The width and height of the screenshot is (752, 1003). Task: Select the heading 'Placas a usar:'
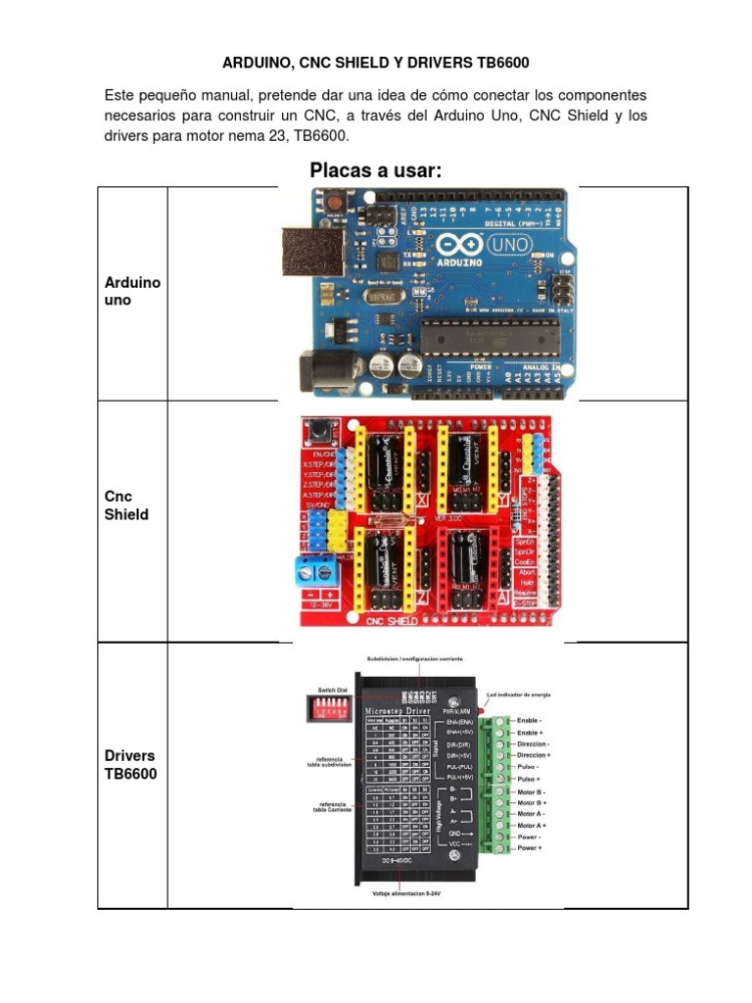click(x=376, y=170)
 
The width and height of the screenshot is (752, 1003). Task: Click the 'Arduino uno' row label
click(x=132, y=291)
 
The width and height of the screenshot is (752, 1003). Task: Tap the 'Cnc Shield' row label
click(x=126, y=504)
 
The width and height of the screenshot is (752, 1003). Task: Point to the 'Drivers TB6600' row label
click(x=129, y=765)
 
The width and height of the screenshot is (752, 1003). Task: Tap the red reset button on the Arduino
click(x=335, y=201)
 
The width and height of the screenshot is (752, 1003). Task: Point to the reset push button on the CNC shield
click(x=318, y=429)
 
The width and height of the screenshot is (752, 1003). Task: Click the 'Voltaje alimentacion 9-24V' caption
click(x=419, y=892)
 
